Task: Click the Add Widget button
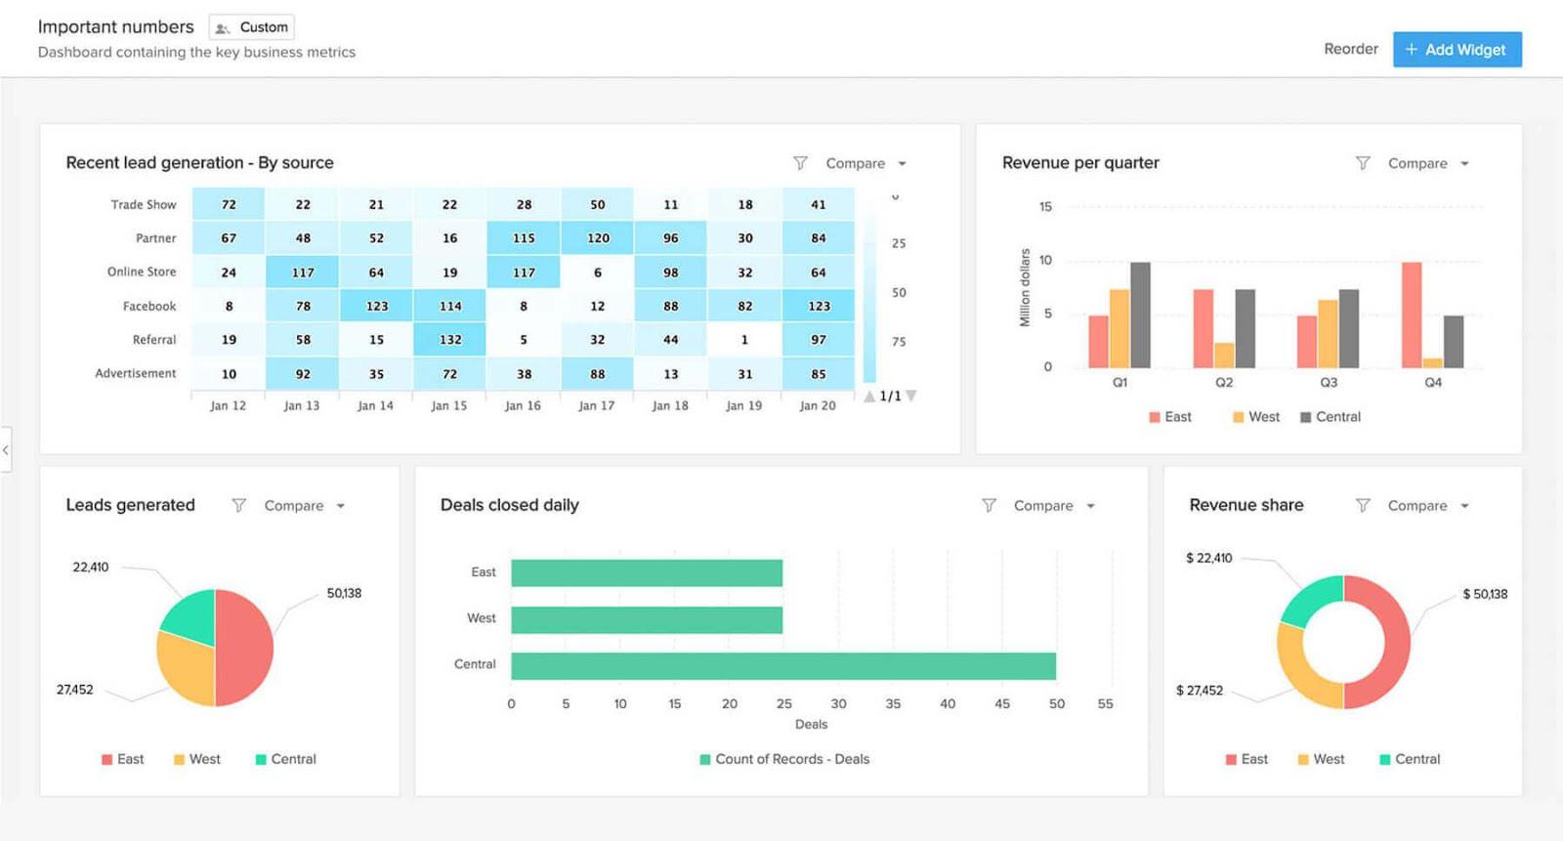pos(1457,50)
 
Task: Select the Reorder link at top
pos(1350,49)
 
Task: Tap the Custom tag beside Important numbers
pos(252,27)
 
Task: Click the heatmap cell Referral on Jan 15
pos(449,340)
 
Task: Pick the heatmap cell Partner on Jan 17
pos(597,238)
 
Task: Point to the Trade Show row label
pos(143,205)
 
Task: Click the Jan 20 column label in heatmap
pos(817,405)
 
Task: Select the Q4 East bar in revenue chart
pos(1411,315)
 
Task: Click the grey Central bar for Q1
pos(1140,315)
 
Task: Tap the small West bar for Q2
pos(1224,355)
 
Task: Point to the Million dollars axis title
pos(1025,287)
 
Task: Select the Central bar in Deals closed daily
pos(782,666)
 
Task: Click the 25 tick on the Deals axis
pos(783,703)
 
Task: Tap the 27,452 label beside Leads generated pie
pos(75,690)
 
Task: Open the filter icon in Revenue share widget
pos(1363,505)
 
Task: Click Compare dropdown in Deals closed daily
pos(1054,506)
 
